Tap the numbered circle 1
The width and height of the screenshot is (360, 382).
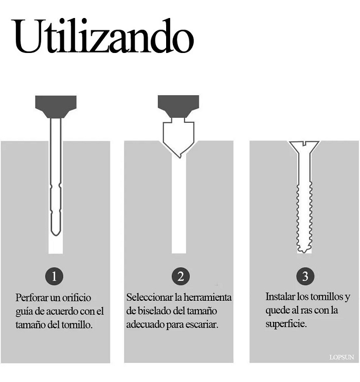click(56, 276)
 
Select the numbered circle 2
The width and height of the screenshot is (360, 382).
click(179, 276)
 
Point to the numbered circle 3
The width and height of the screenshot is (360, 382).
click(305, 276)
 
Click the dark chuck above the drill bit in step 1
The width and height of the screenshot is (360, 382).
click(56, 106)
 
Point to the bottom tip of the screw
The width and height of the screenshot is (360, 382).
click(305, 250)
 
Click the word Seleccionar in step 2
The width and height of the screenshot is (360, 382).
click(150, 298)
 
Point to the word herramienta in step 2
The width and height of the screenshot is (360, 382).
click(208, 298)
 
